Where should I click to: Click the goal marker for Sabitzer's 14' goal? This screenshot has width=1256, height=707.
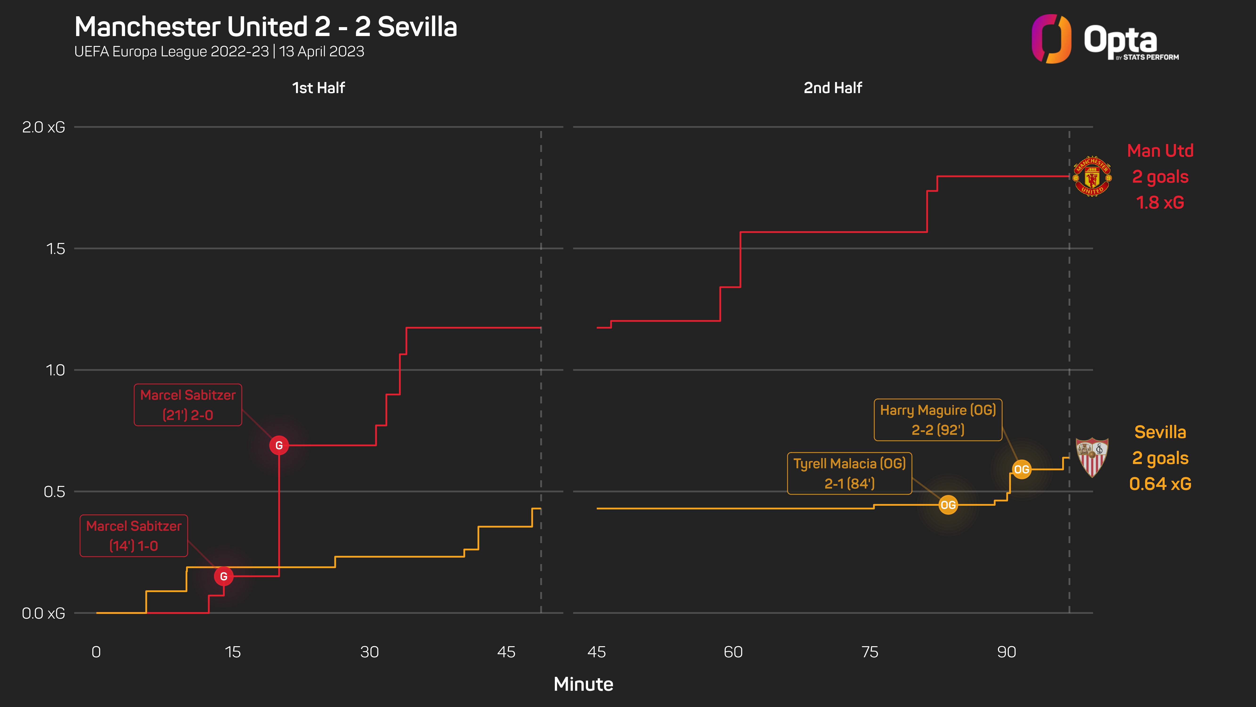(x=224, y=576)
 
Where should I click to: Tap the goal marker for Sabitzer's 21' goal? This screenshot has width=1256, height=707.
(x=279, y=445)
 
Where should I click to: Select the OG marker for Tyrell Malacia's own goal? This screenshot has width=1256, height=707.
(x=948, y=505)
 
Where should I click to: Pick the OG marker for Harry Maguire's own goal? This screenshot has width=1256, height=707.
(x=1021, y=469)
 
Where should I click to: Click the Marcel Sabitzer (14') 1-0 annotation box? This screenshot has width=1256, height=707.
(x=134, y=536)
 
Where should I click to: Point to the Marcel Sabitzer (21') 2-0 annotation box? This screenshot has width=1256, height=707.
(x=188, y=405)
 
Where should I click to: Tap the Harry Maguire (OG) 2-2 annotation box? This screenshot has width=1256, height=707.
(x=938, y=420)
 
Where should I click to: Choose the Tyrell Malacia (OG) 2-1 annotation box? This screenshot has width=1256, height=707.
(x=849, y=473)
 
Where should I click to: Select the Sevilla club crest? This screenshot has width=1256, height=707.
(x=1092, y=457)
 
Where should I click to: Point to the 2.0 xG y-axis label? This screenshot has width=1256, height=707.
(x=43, y=127)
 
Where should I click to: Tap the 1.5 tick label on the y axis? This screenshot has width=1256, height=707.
(x=55, y=249)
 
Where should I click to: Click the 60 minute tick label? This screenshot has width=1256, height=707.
(x=733, y=652)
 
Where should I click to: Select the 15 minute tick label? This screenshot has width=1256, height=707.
(x=233, y=652)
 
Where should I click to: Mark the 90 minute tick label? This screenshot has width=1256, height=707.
(x=1006, y=652)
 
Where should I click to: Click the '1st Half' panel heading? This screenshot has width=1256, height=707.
(x=318, y=88)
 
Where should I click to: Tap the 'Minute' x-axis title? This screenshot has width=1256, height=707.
(x=583, y=684)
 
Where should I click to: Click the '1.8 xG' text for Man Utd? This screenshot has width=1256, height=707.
(x=1160, y=202)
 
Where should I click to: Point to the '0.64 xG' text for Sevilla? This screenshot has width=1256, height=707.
(x=1160, y=484)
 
